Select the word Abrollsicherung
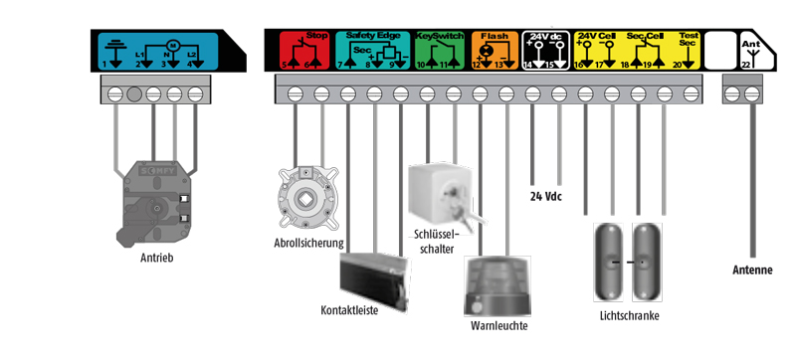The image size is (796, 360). click(x=308, y=242)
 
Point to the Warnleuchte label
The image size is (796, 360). click(x=498, y=326)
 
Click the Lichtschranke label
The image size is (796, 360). click(x=630, y=316)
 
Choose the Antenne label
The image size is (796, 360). click(x=752, y=270)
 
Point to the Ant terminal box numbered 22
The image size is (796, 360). click(x=751, y=52)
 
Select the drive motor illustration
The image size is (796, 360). click(x=153, y=205)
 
